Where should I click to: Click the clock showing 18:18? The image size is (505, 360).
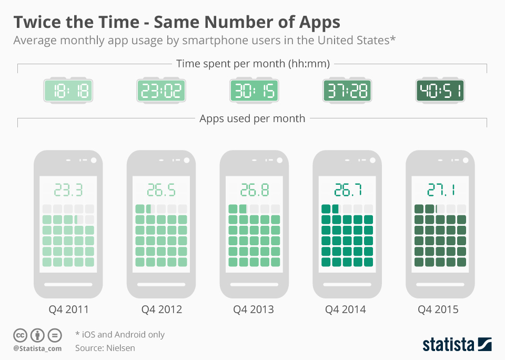68,91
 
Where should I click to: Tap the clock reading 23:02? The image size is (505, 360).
161,91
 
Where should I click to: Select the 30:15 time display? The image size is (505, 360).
254,91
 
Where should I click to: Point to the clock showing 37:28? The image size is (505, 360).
347,91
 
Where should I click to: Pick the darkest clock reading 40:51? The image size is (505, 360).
440,91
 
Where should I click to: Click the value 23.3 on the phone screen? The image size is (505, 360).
68,189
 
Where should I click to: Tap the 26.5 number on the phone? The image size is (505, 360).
161,189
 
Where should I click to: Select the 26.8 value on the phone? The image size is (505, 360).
254,189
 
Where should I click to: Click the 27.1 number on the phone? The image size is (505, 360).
440,189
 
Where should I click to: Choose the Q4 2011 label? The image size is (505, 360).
68,309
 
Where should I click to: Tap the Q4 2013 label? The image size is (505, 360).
254,309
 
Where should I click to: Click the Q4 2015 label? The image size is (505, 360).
438,309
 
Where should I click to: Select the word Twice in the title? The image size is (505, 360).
36,22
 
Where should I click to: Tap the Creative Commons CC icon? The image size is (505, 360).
21,335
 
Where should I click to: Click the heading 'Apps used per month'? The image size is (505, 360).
252,118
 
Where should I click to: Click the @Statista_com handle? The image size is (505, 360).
37,348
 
